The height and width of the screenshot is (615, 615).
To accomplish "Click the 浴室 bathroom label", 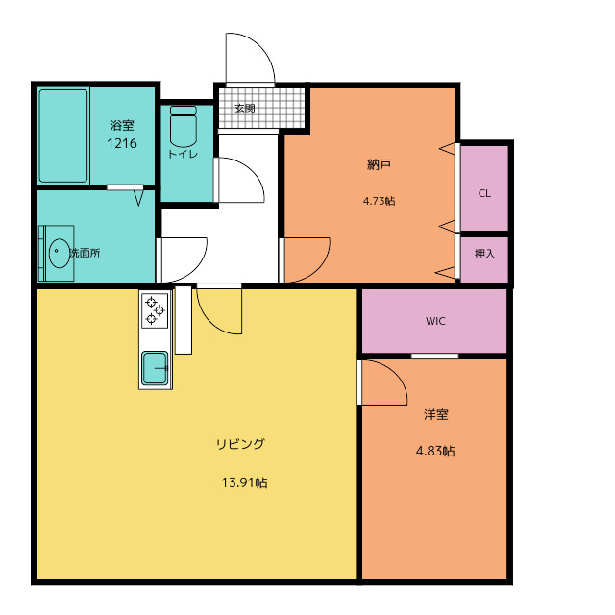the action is pos(122,125).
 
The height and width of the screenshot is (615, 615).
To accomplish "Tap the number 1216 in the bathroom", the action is pos(122,143).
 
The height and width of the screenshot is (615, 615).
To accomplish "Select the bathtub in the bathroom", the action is pos(63,135).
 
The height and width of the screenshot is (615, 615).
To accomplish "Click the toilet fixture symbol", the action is pos(184,126).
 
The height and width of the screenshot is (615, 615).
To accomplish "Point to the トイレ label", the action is pos(184,154).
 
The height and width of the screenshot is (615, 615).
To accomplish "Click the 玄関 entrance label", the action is pos(245,109).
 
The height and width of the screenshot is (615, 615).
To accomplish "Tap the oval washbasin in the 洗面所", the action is pos(60,253).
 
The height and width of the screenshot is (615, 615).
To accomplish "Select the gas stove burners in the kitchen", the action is pos(155,310).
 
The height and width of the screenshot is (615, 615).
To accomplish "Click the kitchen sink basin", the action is pos(156,368).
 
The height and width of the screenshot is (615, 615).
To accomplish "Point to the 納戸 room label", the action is pos(379,164).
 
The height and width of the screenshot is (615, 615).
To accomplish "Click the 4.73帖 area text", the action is pos(380,201).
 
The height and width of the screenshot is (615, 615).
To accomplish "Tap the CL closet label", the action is pos(484,193).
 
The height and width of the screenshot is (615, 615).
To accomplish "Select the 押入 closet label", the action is pos(484,254).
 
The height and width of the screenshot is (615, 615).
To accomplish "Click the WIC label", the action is pos(435,321).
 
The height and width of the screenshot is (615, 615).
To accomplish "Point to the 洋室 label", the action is pos(435,414).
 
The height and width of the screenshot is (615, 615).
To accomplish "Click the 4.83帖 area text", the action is pos(435,451).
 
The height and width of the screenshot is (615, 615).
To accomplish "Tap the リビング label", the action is pos(241,444).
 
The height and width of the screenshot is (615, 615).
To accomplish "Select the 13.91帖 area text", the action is pos(244,482).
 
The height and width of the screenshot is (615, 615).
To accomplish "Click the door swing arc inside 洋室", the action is pos(396,375).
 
